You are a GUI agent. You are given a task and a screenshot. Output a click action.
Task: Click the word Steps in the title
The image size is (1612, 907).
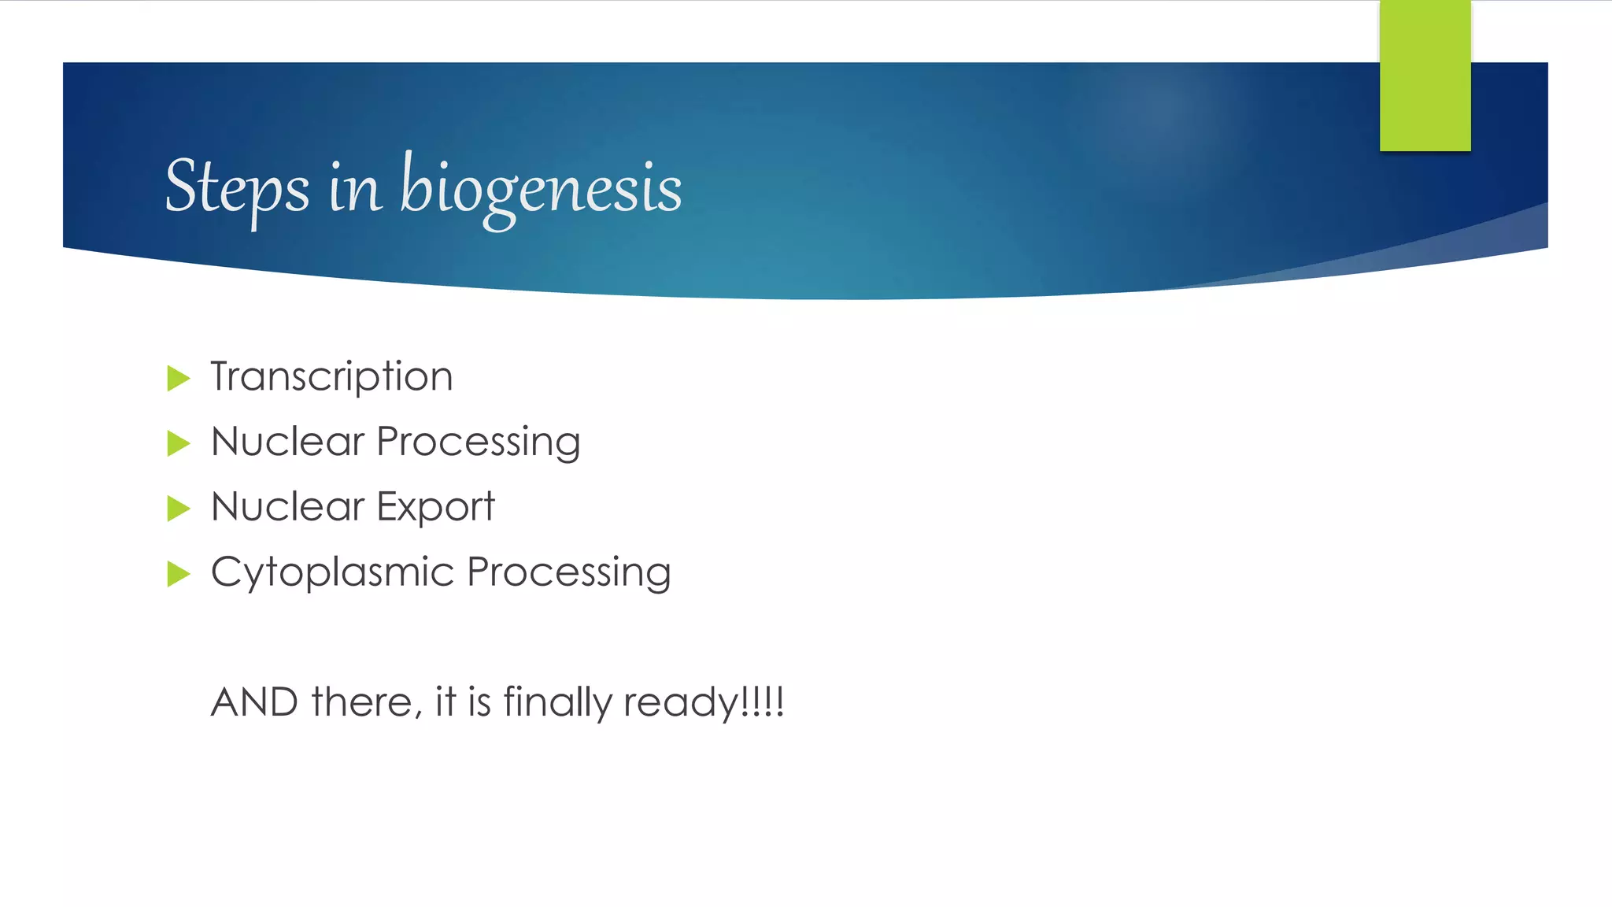tap(237, 187)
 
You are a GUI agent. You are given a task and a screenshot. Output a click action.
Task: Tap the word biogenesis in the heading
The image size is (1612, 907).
tap(541, 187)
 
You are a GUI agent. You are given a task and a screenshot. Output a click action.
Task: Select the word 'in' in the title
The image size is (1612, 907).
tap(355, 189)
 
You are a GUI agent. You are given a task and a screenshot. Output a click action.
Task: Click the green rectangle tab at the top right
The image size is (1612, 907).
tap(1425, 76)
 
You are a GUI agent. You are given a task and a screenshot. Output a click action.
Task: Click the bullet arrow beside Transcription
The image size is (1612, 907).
tap(179, 378)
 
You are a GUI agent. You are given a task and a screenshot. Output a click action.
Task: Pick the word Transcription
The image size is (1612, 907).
tap(331, 376)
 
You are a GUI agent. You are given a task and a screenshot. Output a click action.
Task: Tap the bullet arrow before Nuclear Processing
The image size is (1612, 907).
tap(179, 443)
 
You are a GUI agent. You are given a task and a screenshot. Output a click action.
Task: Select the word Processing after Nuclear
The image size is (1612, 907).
tap(479, 442)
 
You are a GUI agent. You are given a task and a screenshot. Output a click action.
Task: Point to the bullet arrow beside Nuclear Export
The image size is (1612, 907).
tap(179, 509)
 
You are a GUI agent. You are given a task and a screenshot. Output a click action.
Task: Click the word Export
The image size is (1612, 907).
tap(435, 507)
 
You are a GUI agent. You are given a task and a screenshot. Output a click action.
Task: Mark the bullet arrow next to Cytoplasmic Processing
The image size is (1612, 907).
tap(179, 574)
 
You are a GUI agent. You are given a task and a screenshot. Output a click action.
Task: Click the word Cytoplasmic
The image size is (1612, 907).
tap(332, 573)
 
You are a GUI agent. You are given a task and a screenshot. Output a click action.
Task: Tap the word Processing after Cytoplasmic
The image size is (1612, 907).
tap(568, 572)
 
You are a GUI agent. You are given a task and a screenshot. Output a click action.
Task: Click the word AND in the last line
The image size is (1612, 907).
tap(254, 702)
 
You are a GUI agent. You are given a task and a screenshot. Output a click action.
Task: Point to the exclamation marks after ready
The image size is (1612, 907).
tap(763, 701)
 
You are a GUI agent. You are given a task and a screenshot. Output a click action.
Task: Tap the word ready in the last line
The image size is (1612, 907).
tap(680, 703)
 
